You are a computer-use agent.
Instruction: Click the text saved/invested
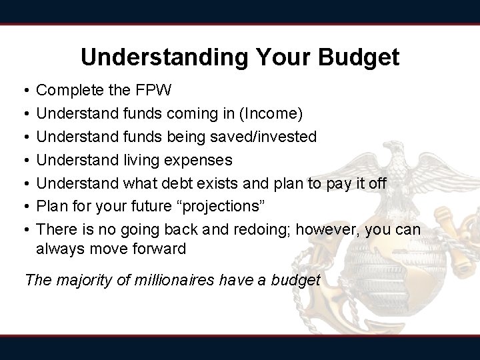coord(266,137)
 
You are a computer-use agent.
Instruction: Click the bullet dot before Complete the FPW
coord(24,89)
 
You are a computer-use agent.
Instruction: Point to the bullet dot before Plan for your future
coord(24,206)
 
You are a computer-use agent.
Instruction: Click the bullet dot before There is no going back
coord(24,229)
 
